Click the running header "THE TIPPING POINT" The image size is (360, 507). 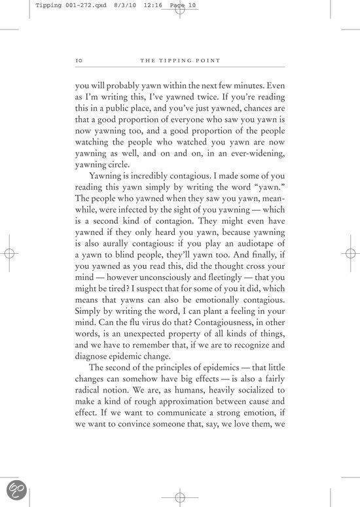click(x=179, y=61)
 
